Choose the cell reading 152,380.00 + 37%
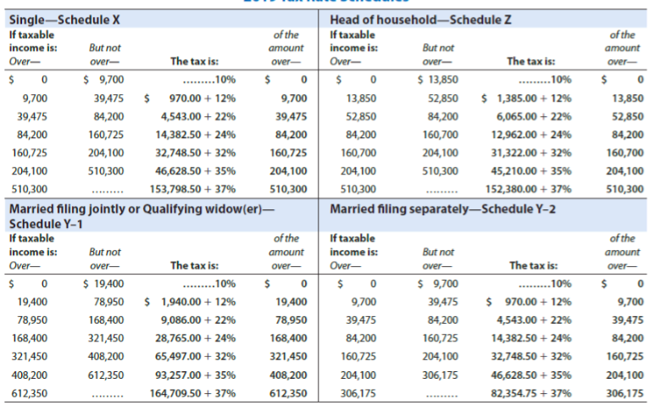pos(530,189)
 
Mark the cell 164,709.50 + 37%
pos(193,393)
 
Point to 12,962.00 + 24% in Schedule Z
pos(532,134)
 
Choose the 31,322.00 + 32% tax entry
pos(532,153)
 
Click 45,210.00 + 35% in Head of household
pos(532,171)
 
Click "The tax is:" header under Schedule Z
pos(530,61)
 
